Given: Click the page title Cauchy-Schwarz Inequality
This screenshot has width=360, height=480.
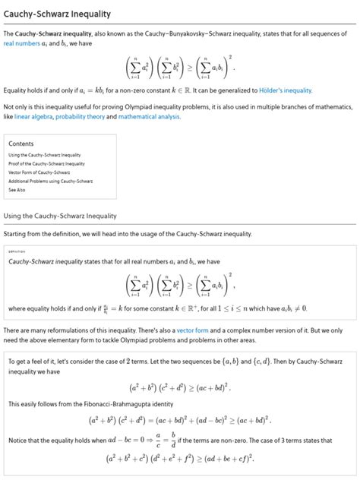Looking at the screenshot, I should point(57,14).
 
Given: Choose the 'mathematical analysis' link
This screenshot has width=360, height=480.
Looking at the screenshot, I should point(181,117).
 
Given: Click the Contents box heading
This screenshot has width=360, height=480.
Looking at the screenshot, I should point(21,144).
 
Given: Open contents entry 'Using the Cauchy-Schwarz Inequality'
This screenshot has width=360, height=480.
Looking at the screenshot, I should point(45,155).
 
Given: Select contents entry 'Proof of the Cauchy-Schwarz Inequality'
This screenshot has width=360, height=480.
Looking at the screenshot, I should point(46,164).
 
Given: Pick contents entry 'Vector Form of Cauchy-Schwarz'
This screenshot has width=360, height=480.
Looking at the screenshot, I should point(39,173).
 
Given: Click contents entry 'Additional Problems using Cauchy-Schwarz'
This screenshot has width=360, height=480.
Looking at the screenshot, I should point(50,182).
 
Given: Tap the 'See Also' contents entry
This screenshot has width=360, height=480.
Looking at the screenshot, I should point(17,191).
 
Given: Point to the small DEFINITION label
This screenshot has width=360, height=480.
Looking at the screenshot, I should point(17,251).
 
